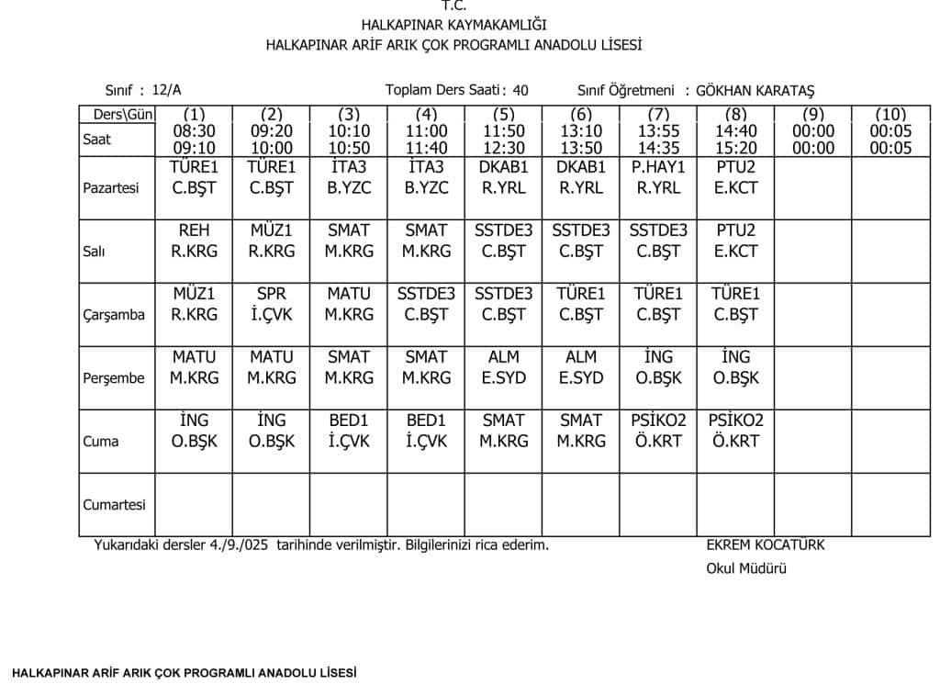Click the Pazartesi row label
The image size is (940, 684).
coord(111,188)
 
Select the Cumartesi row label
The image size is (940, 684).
coord(114,505)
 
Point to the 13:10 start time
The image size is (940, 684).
coord(581,131)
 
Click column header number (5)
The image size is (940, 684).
coord(503,115)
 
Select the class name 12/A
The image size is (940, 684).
coord(167,90)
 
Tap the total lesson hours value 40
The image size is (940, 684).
coord(520,90)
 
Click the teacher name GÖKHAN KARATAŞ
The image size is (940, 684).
coord(755,90)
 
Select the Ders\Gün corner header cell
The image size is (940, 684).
coord(117,115)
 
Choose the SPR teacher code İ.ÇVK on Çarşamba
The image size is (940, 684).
coord(272,315)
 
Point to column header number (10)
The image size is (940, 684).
coord(890,115)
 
